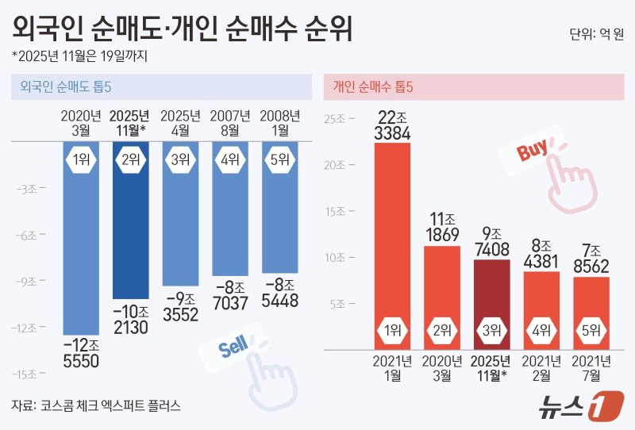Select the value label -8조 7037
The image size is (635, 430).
point(230,294)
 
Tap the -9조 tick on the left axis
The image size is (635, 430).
point(37,281)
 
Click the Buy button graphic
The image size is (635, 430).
point(529,152)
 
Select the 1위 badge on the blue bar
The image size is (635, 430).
point(81,159)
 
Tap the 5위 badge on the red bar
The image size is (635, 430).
point(591,330)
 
